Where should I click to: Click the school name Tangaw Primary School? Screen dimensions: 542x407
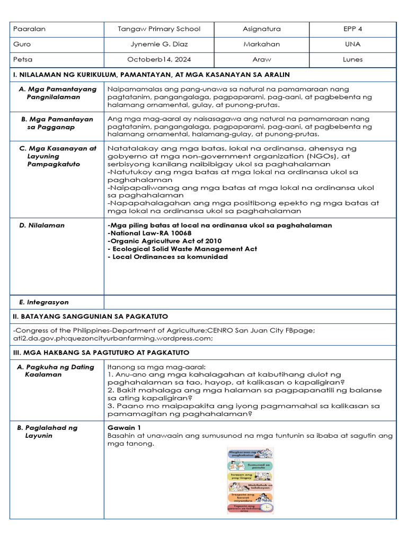click(x=158, y=29)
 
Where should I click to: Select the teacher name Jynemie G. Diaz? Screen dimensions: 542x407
click(x=158, y=44)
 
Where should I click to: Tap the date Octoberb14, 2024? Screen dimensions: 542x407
click(x=158, y=60)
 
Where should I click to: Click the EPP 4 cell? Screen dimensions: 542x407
click(x=352, y=29)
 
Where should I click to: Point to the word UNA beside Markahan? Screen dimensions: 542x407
click(x=352, y=44)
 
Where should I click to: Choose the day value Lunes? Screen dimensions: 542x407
click(x=352, y=60)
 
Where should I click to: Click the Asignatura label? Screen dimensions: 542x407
click(x=262, y=29)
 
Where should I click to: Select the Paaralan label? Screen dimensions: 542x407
click(x=30, y=29)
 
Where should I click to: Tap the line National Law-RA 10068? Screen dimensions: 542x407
click(x=149, y=233)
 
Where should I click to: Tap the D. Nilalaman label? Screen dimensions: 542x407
click(x=42, y=225)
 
